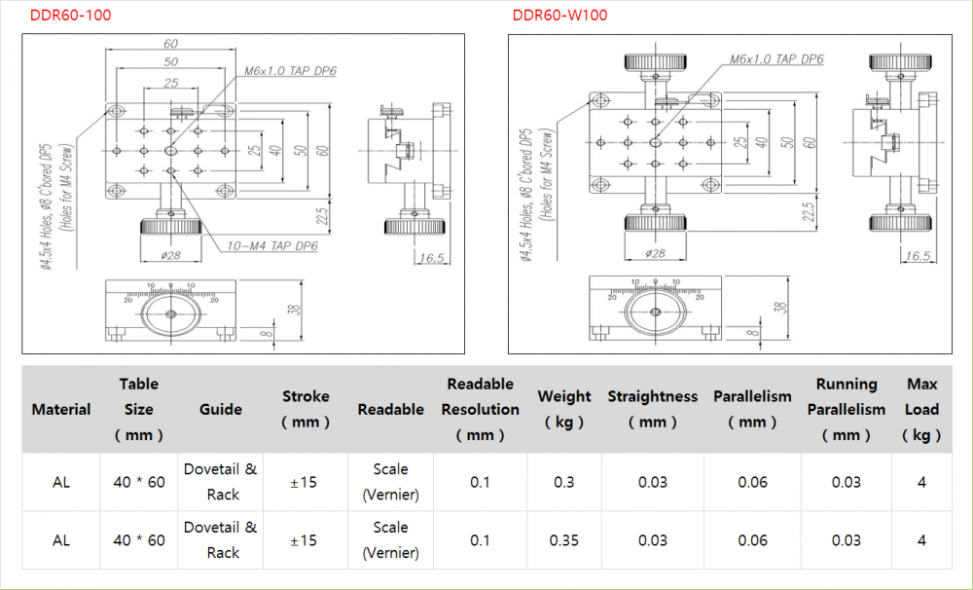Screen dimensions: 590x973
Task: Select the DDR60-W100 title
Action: [x=560, y=16]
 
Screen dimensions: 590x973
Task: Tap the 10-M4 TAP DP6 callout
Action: [x=271, y=246]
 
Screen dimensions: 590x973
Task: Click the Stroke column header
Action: [x=306, y=409]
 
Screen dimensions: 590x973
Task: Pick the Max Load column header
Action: [x=921, y=409]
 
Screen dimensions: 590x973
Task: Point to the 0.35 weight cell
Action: [x=563, y=540]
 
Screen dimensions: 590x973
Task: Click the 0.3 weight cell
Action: [x=563, y=482]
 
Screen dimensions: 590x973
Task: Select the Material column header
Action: [x=61, y=409]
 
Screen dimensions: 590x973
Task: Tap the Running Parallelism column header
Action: [x=846, y=409]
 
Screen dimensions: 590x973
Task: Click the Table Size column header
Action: [x=139, y=409]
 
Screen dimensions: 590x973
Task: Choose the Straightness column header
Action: [x=652, y=409]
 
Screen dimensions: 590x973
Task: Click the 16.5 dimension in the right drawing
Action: [x=918, y=257]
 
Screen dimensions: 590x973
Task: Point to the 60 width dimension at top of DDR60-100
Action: [x=171, y=44]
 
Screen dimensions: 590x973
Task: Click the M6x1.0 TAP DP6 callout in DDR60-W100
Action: [x=776, y=59]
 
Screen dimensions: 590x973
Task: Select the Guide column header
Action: [x=221, y=409]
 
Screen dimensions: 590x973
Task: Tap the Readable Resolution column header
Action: [x=480, y=409]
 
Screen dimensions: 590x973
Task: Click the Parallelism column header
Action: [x=752, y=409]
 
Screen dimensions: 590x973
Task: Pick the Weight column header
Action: [x=563, y=409]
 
